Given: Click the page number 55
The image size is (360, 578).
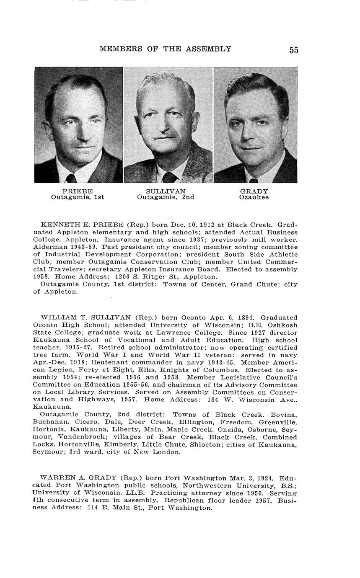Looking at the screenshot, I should pos(293,50).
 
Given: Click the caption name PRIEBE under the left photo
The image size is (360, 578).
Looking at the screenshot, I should pos(78,191).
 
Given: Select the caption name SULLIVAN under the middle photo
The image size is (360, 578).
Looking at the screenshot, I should pos(166,191).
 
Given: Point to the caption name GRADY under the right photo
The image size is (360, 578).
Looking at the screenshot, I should pos(254,191).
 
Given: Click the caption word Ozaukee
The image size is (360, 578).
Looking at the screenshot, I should pos(254,197).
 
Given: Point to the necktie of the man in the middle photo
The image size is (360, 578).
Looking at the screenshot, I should pos(170,177).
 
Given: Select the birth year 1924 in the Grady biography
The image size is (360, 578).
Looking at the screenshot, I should pos(265,478).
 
